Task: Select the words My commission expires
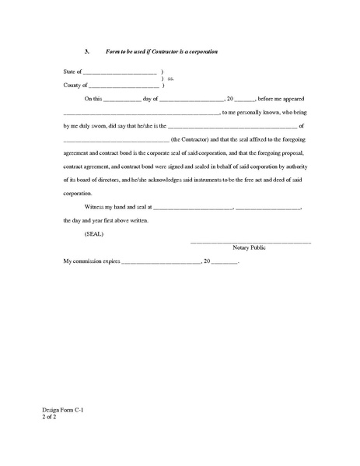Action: (x=92, y=264)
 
